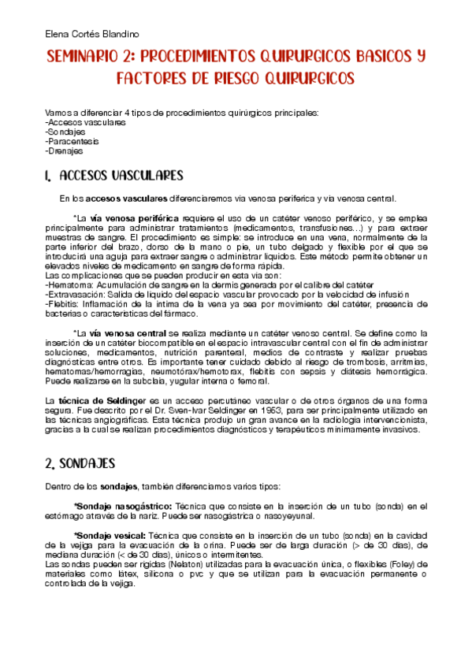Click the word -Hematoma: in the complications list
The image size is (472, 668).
click(68, 284)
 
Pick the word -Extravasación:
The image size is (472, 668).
click(76, 294)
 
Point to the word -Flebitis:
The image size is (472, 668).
click(64, 303)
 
